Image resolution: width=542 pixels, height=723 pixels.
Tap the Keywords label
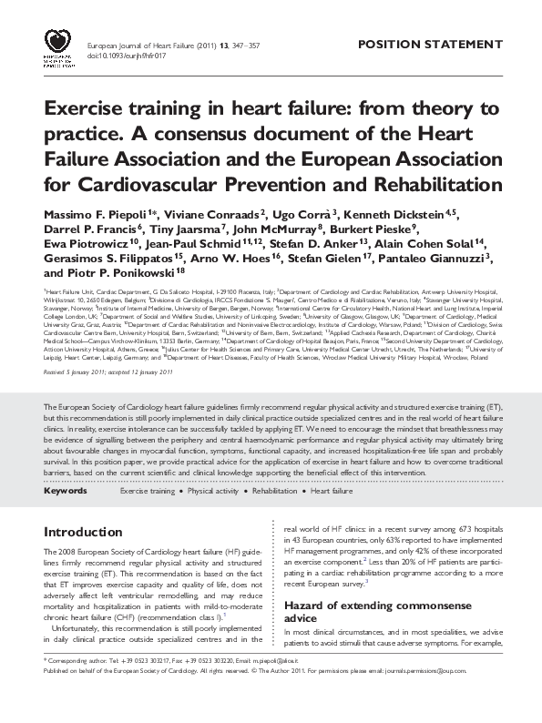[65, 491]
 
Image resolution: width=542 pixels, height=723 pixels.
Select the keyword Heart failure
[332, 491]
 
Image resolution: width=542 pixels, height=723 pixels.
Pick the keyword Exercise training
[147, 491]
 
